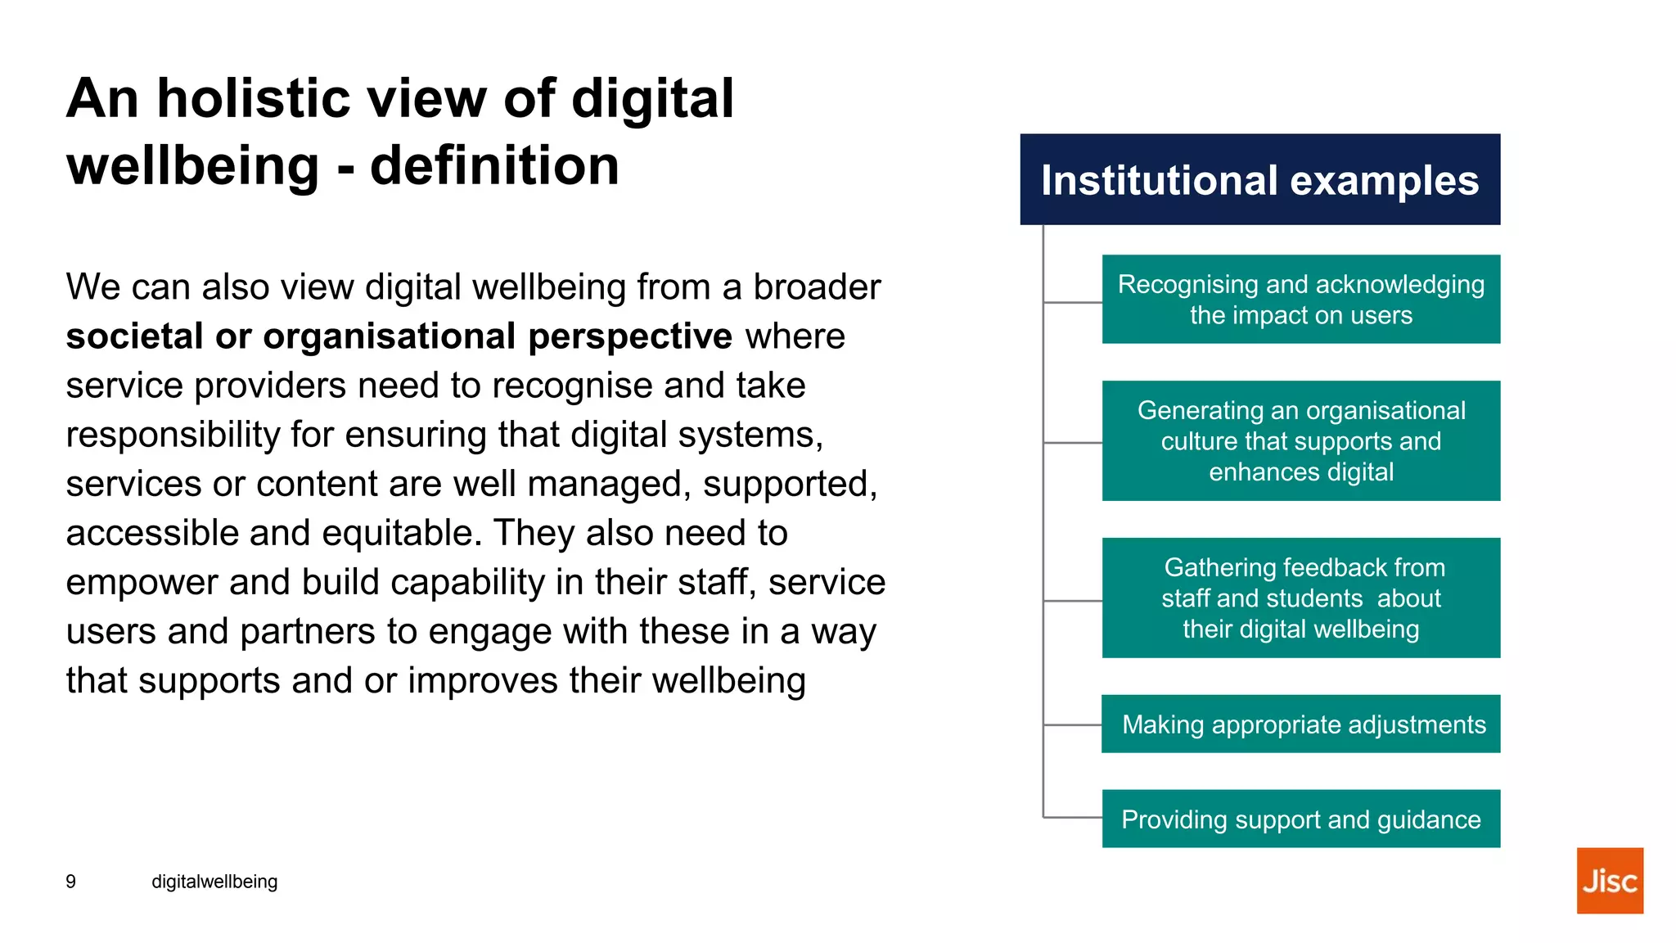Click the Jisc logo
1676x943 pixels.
coord(1609,880)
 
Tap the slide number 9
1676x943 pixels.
coord(71,882)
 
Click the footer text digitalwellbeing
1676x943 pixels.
coord(214,882)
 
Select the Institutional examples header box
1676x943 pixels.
coord(1259,179)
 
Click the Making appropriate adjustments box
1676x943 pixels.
coord(1300,724)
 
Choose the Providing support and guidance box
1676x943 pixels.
coord(1300,819)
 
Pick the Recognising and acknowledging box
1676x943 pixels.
coord(1300,299)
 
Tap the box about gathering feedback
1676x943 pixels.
coord(1300,598)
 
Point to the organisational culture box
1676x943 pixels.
coord(1300,440)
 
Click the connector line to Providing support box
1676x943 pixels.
coord(1073,818)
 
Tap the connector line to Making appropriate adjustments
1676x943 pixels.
coord(1073,724)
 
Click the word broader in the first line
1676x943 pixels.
coord(817,287)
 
